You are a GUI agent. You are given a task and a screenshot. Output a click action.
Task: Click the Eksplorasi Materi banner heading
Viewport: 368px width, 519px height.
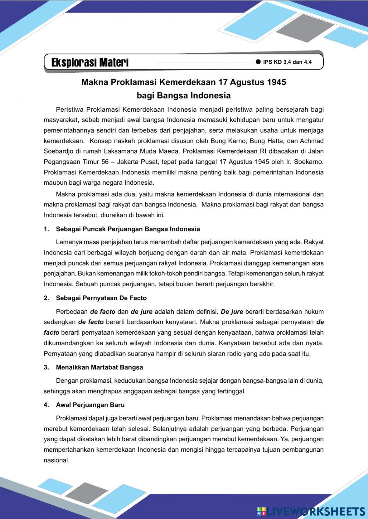[x=90, y=62]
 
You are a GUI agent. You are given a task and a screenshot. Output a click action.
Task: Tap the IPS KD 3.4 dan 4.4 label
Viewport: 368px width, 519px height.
[x=287, y=62]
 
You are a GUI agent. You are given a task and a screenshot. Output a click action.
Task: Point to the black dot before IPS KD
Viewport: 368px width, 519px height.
[x=258, y=62]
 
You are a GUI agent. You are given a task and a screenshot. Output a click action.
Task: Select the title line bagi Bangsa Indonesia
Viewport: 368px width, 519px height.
[x=184, y=96]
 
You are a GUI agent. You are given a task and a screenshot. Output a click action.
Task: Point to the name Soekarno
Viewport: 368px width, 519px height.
[x=310, y=162]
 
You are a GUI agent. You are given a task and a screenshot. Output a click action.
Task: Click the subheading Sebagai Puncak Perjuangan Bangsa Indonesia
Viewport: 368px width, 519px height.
[x=128, y=229]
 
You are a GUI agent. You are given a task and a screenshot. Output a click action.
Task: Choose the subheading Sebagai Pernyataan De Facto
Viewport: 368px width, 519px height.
[x=101, y=298]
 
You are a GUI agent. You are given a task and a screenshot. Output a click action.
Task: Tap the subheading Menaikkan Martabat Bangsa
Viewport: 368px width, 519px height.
[x=99, y=367]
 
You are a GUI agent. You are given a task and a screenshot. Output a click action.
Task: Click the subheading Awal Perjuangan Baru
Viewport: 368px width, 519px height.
[x=90, y=405]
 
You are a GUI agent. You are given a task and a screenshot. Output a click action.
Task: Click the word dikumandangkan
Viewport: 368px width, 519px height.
[x=67, y=343]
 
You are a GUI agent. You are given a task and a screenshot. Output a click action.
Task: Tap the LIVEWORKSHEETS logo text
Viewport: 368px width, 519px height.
[x=315, y=511]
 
